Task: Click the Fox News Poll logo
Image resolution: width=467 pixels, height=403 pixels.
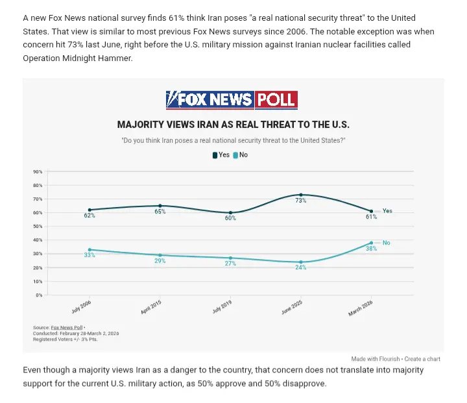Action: coord(232,99)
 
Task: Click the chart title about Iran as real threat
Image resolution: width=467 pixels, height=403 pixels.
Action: coord(233,125)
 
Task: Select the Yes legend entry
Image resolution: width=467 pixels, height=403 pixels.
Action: coord(221,155)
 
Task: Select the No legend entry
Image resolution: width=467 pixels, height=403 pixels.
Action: coord(241,155)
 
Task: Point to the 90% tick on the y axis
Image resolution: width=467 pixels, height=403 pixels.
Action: coord(38,172)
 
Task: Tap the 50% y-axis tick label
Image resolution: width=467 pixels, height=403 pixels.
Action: coord(38,226)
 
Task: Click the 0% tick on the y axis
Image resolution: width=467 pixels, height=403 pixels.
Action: coord(39,295)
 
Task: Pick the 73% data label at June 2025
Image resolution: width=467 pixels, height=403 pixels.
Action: coord(301,201)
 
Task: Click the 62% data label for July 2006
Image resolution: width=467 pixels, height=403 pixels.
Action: coord(90,215)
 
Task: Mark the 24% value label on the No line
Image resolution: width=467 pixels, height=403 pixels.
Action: coord(301,267)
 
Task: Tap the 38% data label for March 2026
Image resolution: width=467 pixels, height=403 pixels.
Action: coord(371,249)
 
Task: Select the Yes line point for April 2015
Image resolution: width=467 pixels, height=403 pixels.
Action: coord(160,206)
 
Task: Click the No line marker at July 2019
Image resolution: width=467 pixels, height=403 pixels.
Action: coord(230,258)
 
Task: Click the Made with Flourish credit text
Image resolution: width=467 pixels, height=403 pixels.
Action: coord(375,359)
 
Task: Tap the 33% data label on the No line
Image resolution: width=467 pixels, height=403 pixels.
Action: coord(90,255)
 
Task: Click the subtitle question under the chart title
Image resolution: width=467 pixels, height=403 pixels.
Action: coord(233,140)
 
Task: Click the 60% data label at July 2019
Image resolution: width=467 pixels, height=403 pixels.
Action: coord(230,218)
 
